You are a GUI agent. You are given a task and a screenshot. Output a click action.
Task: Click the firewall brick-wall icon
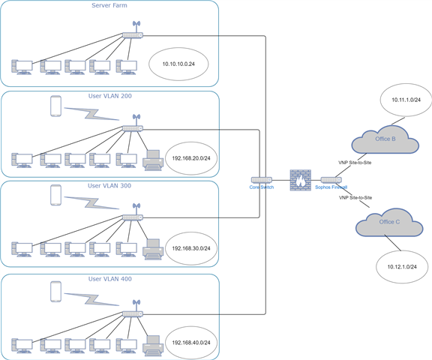pyautogui.click(x=300, y=180)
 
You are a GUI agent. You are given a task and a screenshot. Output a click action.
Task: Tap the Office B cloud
pyautogui.click(x=385, y=139)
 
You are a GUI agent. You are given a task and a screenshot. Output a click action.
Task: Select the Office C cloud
pyautogui.click(x=389, y=223)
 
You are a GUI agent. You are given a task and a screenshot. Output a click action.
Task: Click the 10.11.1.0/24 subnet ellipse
pyautogui.click(x=406, y=100)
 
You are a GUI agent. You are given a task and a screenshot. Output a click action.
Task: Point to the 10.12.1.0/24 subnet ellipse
pyautogui.click(x=402, y=267)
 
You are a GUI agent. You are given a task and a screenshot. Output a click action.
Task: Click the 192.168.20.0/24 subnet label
pyautogui.click(x=191, y=158)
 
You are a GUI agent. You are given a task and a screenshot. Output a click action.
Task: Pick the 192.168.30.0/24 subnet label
pyautogui.click(x=191, y=248)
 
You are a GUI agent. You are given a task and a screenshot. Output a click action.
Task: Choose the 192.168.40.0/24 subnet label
pyautogui.click(x=191, y=343)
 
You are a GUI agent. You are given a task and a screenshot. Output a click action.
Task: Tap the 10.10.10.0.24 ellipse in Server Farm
pyautogui.click(x=178, y=64)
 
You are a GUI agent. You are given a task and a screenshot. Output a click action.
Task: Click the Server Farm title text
pyautogui.click(x=109, y=5)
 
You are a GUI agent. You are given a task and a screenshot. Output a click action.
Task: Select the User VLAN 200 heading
pyautogui.click(x=110, y=96)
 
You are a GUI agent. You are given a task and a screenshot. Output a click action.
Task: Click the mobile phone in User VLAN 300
pyautogui.click(x=56, y=195)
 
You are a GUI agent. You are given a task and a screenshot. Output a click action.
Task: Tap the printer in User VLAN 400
pyautogui.click(x=153, y=346)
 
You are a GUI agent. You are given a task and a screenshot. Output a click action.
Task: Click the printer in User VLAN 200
pyautogui.click(x=153, y=160)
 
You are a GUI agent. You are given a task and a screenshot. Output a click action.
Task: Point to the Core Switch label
pyautogui.click(x=262, y=187)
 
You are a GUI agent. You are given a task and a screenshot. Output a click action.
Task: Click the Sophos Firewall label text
pyautogui.click(x=331, y=187)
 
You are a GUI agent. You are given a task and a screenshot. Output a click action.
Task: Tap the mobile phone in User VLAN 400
pyautogui.click(x=56, y=292)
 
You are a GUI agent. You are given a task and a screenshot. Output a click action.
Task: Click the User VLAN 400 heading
pyautogui.click(x=110, y=279)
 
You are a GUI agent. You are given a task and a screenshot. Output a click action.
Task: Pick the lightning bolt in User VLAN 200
pyautogui.click(x=91, y=114)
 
